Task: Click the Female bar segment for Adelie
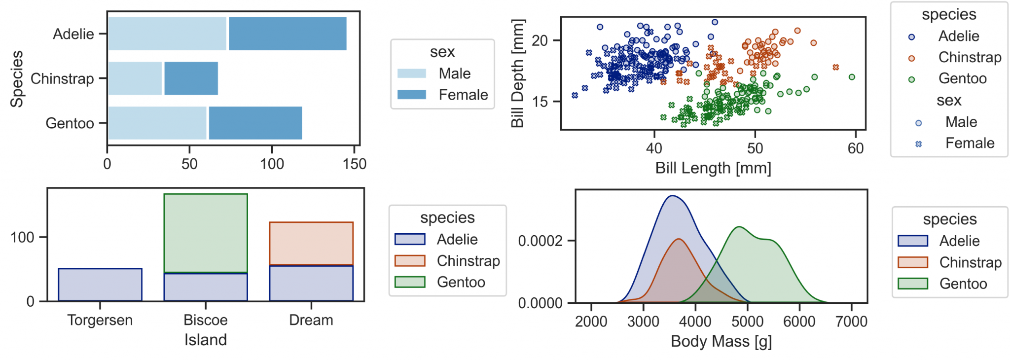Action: click(x=288, y=34)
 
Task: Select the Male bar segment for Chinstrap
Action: click(x=135, y=78)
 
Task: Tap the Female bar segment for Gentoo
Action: click(x=255, y=123)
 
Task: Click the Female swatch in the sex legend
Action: click(x=412, y=95)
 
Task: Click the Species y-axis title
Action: click(x=17, y=78)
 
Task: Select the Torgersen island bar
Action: click(x=100, y=285)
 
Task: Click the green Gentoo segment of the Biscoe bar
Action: click(x=206, y=233)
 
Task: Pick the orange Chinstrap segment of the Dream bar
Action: click(x=311, y=243)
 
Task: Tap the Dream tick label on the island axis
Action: click(x=311, y=320)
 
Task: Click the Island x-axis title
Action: click(x=206, y=340)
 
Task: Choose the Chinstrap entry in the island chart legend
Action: click(x=468, y=261)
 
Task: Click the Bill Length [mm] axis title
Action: click(x=713, y=168)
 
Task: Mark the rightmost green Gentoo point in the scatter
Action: click(x=852, y=77)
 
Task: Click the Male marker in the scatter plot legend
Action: click(x=918, y=123)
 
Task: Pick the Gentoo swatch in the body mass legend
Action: click(x=913, y=284)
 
